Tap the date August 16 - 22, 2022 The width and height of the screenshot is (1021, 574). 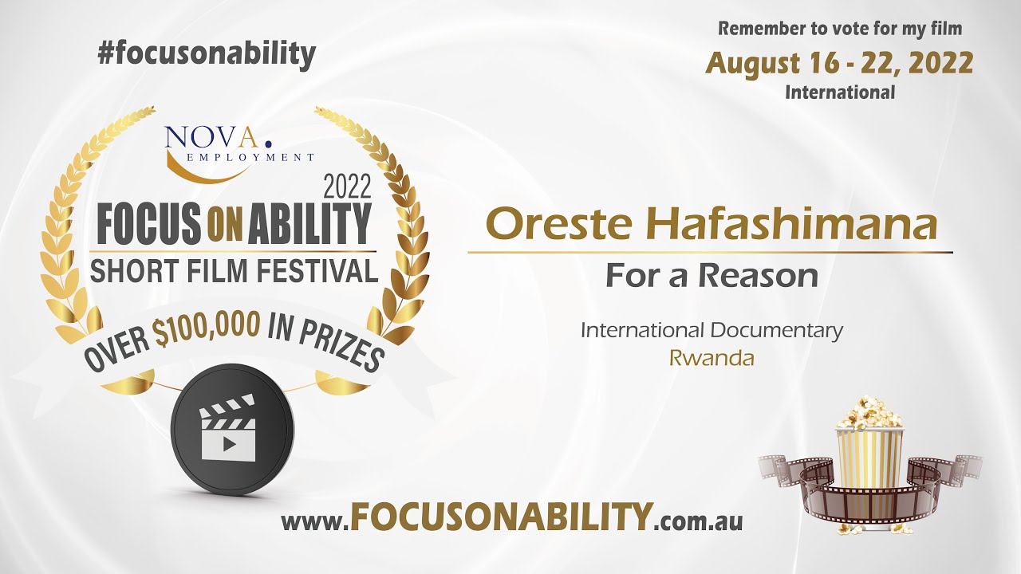[839, 63]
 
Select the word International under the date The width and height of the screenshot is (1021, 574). [840, 92]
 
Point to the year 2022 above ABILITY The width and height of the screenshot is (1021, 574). [347, 187]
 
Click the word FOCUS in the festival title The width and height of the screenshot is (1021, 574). [148, 224]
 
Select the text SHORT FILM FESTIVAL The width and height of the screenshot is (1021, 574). [234, 270]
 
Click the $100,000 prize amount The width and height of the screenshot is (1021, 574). [207, 331]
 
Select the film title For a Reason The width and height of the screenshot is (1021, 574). [711, 275]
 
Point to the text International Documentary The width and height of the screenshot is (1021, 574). [712, 330]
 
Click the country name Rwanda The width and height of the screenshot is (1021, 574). [712, 359]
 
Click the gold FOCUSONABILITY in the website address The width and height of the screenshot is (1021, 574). [499, 518]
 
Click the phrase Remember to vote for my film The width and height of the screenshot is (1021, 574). [840, 29]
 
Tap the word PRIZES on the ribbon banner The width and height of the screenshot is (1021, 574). [341, 343]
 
